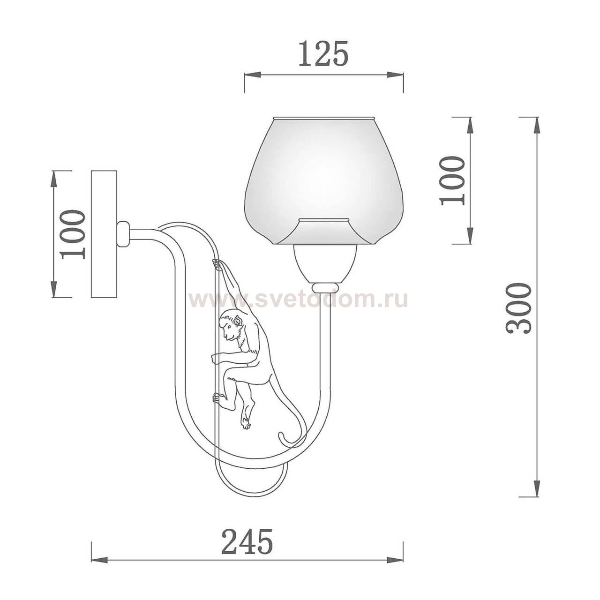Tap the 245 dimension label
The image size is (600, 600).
247,542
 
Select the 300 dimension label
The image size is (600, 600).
519,308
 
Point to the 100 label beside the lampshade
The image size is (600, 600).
453,180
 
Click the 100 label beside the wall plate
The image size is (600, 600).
74,234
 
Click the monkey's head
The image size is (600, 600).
232,326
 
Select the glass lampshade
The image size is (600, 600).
324,180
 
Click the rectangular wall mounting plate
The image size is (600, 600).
104,234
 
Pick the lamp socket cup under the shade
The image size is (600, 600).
324,263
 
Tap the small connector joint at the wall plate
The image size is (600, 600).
123,234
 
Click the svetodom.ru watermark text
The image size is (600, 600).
298,299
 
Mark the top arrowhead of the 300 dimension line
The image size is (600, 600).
536,123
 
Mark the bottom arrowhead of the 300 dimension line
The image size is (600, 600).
536,490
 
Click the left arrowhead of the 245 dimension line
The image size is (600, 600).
97,559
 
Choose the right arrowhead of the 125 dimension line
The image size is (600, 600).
397,75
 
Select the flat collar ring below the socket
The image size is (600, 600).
324,286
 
